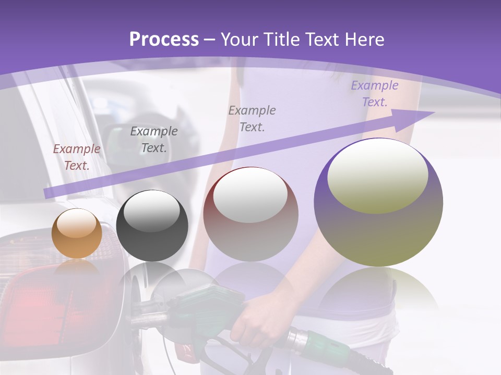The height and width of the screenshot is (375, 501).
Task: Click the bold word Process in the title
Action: (164, 39)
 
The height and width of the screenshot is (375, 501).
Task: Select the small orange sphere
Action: (77, 234)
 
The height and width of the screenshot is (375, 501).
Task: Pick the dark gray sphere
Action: (152, 226)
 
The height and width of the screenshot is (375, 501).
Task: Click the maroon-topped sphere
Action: (250, 214)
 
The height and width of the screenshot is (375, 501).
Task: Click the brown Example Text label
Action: (77, 157)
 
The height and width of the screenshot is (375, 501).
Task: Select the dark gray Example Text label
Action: (154, 139)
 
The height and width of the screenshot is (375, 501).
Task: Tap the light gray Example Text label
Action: (252, 118)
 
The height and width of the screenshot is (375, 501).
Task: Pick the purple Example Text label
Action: (374, 93)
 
